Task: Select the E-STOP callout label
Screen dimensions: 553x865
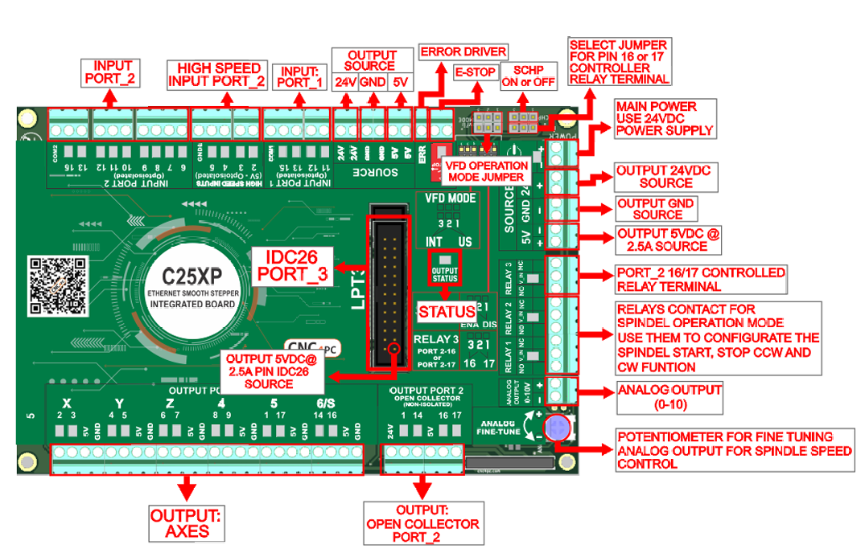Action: click(475, 72)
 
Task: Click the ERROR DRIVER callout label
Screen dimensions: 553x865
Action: click(463, 51)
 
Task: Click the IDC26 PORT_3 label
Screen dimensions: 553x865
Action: click(292, 265)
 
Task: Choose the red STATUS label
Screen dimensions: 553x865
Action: click(446, 312)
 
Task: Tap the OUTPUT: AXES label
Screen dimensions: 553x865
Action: click(187, 523)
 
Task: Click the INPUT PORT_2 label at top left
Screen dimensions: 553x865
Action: click(112, 72)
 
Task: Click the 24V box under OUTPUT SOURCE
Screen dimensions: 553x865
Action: click(345, 82)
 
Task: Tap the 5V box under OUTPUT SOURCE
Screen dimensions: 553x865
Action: click(400, 82)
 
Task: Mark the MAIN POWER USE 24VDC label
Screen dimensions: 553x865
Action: click(664, 118)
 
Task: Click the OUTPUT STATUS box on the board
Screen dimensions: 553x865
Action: click(445, 271)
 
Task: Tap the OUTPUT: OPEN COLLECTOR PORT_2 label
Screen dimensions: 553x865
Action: click(423, 523)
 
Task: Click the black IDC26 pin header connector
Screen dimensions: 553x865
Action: click(389, 289)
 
